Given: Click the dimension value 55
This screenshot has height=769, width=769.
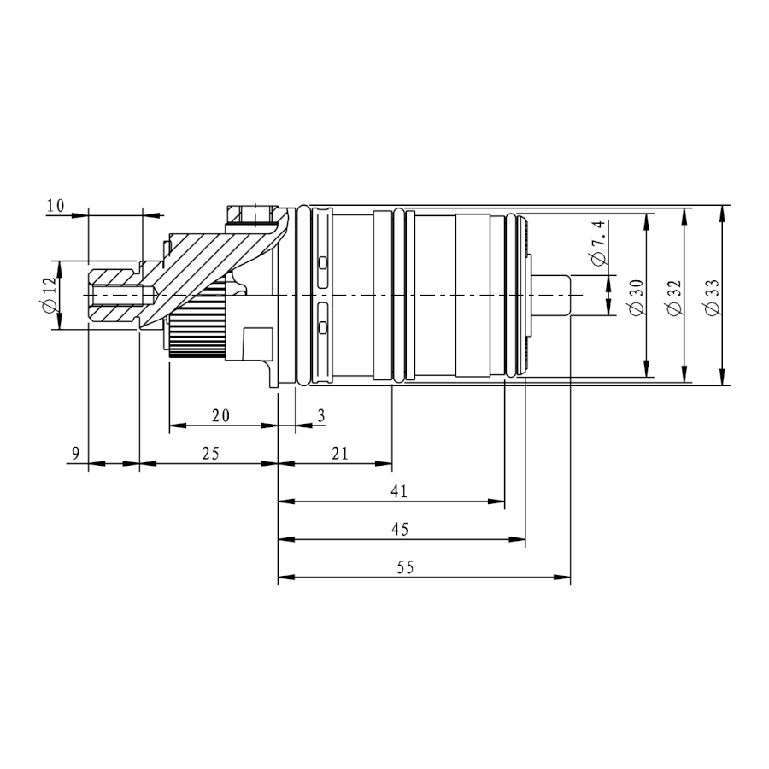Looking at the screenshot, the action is pyautogui.click(x=406, y=567).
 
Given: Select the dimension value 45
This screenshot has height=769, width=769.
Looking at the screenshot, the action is pyautogui.click(x=400, y=529).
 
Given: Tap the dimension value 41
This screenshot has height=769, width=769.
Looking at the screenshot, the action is pyautogui.click(x=399, y=491).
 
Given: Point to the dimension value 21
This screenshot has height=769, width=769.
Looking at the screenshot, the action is pyautogui.click(x=340, y=453).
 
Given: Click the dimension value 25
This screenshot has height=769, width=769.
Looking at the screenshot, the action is pyautogui.click(x=211, y=453).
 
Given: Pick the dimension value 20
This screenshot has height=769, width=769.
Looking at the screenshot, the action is pyautogui.click(x=220, y=415).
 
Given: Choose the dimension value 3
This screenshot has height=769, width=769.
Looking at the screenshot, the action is pyautogui.click(x=321, y=415).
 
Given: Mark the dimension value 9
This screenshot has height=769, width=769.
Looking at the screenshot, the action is pyautogui.click(x=75, y=453).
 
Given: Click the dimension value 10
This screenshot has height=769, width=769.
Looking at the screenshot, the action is pyautogui.click(x=56, y=205).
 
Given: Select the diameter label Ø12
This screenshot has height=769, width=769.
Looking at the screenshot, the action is pyautogui.click(x=50, y=295).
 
